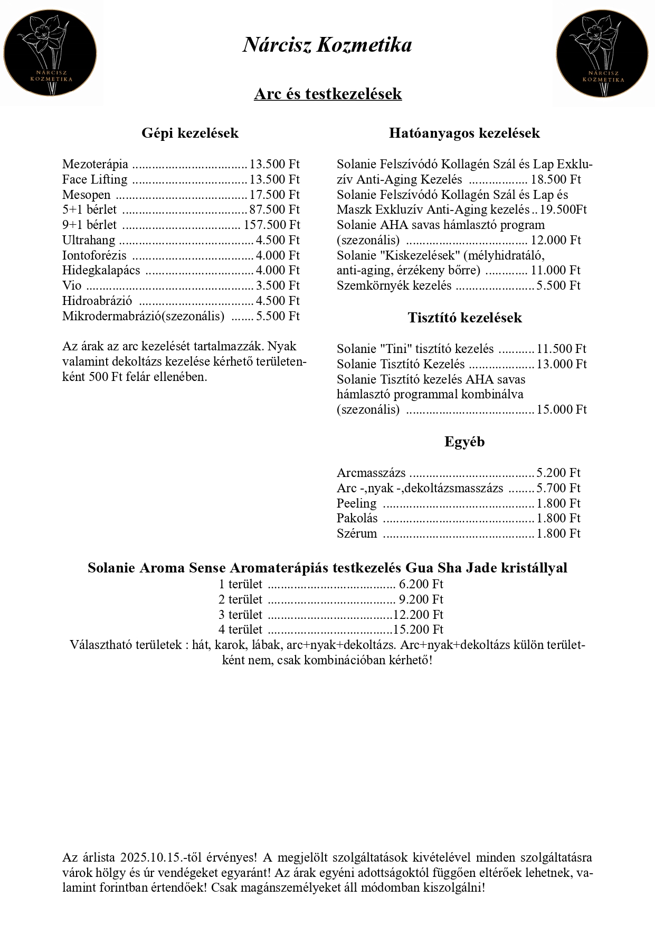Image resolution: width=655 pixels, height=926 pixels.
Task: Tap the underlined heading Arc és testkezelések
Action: tap(328, 94)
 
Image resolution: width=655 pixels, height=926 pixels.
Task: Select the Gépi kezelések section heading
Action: tap(190, 133)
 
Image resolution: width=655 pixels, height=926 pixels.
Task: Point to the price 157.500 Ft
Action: tap(272, 225)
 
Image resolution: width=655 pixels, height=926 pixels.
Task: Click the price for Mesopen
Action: tap(274, 195)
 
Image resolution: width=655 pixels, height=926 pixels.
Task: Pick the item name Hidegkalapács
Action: tap(101, 271)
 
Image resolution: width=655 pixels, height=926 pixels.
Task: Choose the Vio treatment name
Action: tap(72, 286)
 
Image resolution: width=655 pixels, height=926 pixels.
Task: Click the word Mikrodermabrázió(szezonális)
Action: tap(143, 317)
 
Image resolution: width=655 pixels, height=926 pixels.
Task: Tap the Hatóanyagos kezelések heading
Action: tap(464, 133)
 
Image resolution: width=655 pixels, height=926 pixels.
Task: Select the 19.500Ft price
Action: tap(563, 210)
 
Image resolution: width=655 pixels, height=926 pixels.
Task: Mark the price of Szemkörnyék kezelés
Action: tap(558, 286)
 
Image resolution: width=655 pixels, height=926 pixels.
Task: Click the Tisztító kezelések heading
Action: tap(464, 318)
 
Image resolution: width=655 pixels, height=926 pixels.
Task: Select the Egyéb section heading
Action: tap(464, 442)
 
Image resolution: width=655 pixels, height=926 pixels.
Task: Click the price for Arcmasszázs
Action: tap(558, 473)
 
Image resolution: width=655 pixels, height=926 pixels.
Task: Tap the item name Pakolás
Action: tap(357, 519)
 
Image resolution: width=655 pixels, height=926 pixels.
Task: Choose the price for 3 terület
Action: tap(418, 615)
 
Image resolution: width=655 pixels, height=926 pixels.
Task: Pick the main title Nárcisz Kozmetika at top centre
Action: tap(327, 45)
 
